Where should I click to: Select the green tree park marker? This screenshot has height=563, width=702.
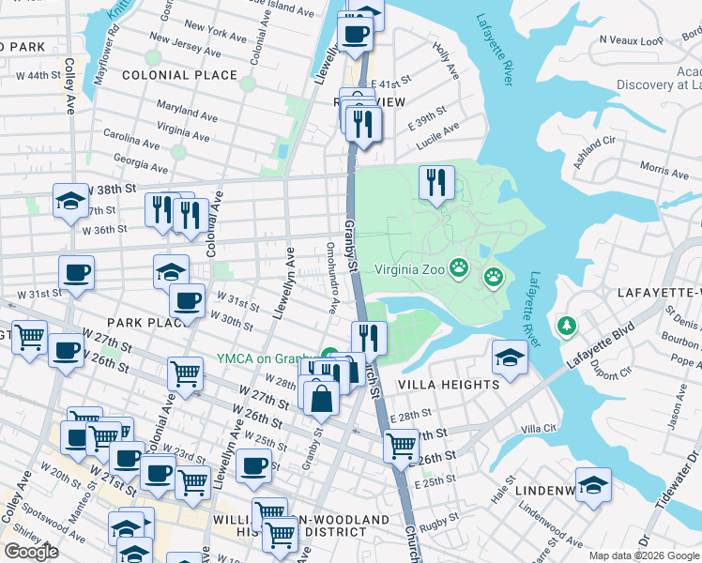[565, 326]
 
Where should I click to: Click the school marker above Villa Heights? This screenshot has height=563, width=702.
[510, 358]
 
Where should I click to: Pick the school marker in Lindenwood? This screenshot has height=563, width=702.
[592, 485]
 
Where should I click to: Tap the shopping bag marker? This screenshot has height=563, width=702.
[321, 397]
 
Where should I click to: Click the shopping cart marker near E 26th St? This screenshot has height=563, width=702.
[402, 444]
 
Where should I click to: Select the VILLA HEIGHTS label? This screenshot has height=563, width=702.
[449, 385]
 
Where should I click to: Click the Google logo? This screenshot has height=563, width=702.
[31, 551]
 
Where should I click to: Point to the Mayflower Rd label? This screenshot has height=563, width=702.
[107, 53]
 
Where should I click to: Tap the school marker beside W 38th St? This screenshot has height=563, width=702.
[70, 201]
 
